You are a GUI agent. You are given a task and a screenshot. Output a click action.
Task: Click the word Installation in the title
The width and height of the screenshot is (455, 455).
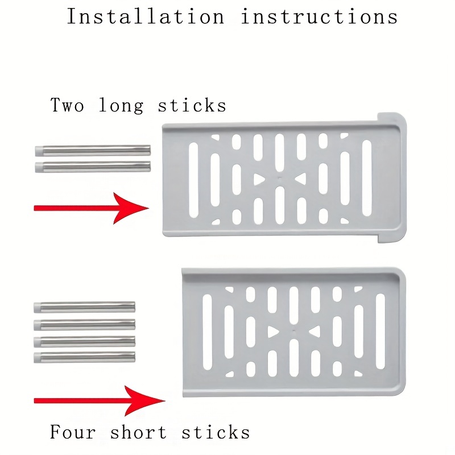click(x=146, y=16)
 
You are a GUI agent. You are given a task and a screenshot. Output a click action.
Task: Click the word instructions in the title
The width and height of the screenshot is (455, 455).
click(x=319, y=16)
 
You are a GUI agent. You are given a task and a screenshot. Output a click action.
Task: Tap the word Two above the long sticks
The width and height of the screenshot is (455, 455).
click(x=67, y=105)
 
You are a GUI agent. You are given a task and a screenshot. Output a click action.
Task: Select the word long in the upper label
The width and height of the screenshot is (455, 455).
click(x=121, y=106)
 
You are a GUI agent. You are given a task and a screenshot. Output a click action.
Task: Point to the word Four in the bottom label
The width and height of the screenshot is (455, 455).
click(x=72, y=432)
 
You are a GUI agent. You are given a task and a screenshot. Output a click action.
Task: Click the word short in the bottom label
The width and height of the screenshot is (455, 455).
click(x=138, y=432)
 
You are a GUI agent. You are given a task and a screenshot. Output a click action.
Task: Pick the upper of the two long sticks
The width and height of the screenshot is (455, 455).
click(x=93, y=151)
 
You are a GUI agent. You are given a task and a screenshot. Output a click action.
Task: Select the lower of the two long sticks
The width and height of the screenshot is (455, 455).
click(x=93, y=167)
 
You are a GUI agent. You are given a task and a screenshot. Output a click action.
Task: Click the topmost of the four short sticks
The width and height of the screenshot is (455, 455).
click(x=84, y=307)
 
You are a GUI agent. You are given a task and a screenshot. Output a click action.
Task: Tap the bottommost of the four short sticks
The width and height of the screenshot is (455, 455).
click(x=84, y=357)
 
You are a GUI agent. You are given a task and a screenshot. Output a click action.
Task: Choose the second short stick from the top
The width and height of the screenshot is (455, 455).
click(x=84, y=324)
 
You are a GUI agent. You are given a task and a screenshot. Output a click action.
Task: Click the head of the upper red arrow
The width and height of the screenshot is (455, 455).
click(x=131, y=208)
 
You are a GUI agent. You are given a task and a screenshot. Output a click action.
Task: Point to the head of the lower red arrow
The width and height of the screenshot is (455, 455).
click(x=145, y=401)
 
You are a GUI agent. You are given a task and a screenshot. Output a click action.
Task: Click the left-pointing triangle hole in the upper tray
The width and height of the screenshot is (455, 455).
click(x=301, y=179)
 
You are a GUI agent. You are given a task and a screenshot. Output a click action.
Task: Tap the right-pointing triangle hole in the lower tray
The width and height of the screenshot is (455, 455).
click(x=272, y=332)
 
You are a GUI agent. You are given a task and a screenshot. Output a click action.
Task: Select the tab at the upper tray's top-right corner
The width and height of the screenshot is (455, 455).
click(x=391, y=118)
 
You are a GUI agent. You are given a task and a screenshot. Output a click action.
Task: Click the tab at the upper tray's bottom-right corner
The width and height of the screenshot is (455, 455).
click(x=391, y=238)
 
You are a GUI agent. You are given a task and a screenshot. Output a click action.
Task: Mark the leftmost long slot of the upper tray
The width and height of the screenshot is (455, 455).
click(x=193, y=180)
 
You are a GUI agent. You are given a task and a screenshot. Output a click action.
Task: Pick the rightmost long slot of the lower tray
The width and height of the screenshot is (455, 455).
click(x=380, y=332)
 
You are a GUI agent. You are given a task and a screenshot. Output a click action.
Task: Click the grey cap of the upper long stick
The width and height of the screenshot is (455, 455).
click(x=39, y=151)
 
